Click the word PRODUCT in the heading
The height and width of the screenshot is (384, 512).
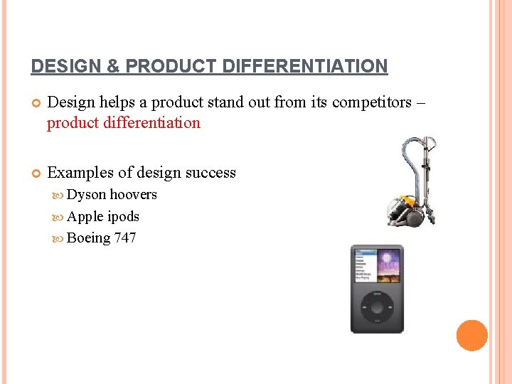[161, 67]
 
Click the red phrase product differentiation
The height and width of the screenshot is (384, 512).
[124, 123]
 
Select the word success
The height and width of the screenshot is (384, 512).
[210, 173]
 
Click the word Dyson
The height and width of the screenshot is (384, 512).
[87, 195]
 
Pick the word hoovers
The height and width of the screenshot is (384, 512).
[134, 195]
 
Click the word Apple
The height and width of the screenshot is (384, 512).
[85, 216]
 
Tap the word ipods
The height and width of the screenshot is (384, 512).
[123, 216]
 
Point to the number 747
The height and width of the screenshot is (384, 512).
[124, 238]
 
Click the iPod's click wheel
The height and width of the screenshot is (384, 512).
[377, 309]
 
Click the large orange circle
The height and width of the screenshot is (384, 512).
[471, 336]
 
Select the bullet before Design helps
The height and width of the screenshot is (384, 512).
[36, 103]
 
